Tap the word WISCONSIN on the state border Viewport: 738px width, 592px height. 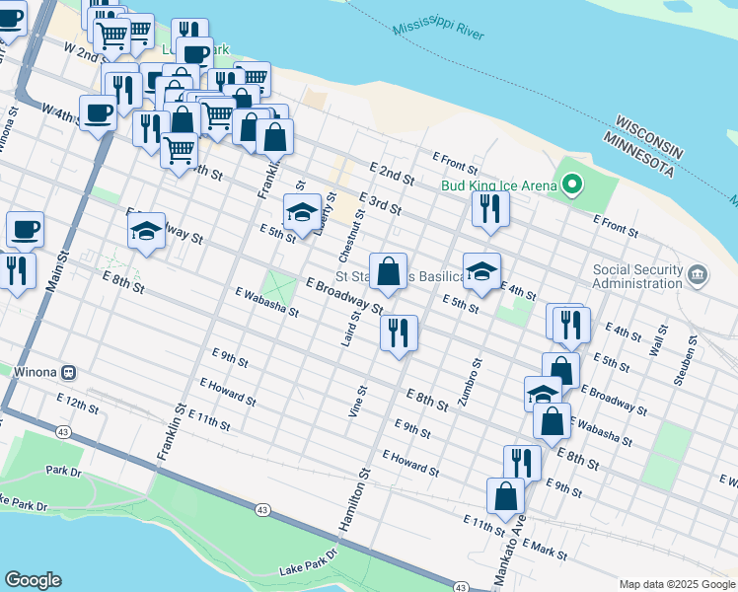(649, 135)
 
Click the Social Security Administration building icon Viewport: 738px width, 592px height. (698, 272)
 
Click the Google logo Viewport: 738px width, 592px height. (33, 580)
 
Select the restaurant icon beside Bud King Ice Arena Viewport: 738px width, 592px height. (489, 208)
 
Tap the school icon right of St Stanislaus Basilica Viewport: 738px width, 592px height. (481, 271)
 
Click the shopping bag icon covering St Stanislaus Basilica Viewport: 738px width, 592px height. (389, 271)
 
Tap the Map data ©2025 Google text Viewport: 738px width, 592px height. (676, 584)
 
